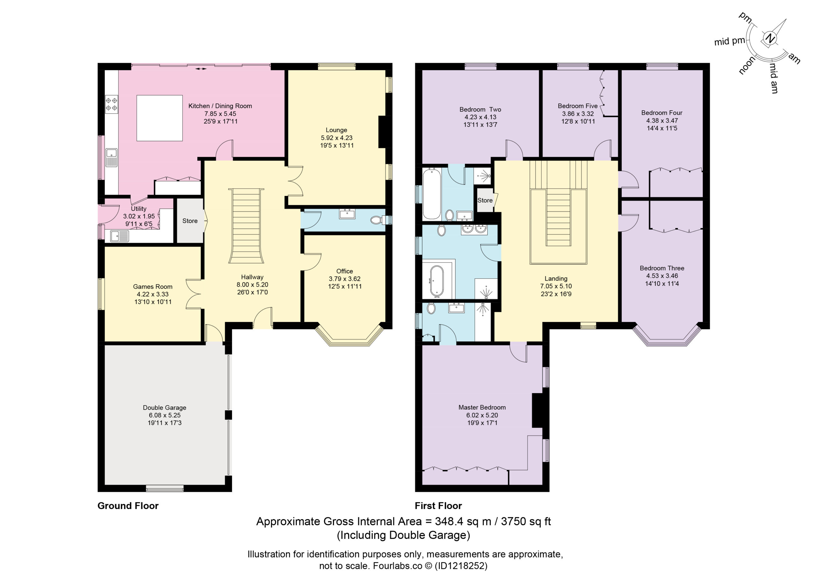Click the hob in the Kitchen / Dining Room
111,104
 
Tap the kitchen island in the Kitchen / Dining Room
159,118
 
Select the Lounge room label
337,130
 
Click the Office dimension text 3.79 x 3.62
344,279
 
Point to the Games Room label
153,287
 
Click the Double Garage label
165,407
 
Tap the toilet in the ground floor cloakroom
376,220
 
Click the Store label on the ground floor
190,221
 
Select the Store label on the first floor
485,200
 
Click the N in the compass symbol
769,39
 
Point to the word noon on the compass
747,66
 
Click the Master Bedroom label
482,407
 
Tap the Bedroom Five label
578,106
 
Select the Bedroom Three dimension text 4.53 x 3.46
662,276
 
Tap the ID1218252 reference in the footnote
461,566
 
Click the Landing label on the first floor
556,278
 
